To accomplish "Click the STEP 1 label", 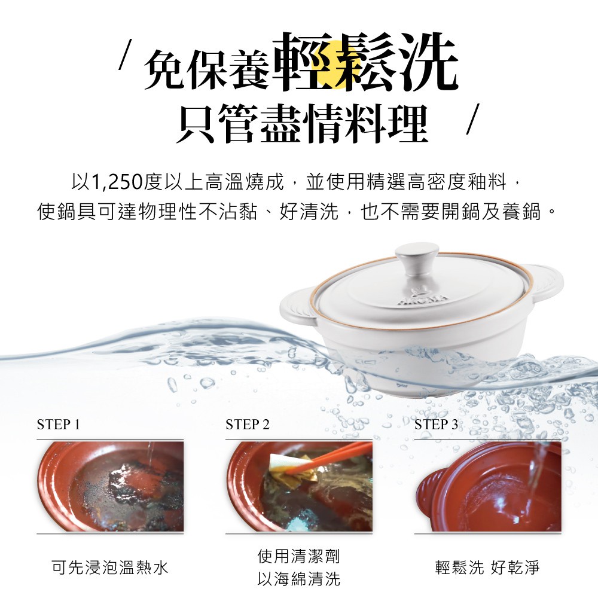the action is [59, 424].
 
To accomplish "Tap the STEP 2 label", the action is [248, 424].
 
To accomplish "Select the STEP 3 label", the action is [436, 424].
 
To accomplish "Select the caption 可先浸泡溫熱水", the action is [110, 568].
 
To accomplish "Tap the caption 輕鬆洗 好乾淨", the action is [487, 568].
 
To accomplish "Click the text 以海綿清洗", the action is [298, 579].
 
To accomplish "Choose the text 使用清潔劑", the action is [298, 556].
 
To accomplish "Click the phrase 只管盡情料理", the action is [303, 123].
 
